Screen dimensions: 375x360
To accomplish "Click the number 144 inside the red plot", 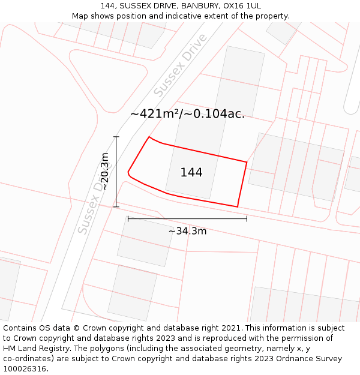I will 191,173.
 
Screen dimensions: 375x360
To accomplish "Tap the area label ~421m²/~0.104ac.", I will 187,114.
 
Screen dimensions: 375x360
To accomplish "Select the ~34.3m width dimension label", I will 187,231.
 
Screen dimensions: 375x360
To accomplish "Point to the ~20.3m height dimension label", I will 105,172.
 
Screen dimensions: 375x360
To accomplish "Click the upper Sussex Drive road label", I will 180,65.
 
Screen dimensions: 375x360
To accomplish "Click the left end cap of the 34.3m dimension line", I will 128,219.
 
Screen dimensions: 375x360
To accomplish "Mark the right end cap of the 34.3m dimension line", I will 247,219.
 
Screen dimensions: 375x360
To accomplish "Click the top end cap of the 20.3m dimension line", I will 116,137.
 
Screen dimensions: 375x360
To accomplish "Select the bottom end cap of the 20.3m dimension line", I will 116,207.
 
